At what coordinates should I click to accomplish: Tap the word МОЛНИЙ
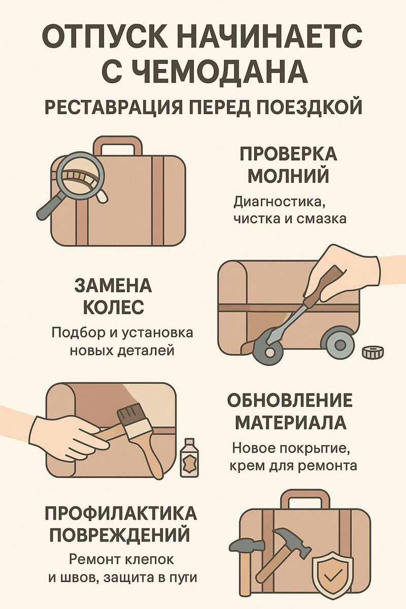(288, 176)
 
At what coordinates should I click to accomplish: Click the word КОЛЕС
(113, 307)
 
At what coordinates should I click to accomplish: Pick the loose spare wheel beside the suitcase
(373, 352)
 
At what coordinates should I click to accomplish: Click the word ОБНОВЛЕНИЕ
(290, 400)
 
